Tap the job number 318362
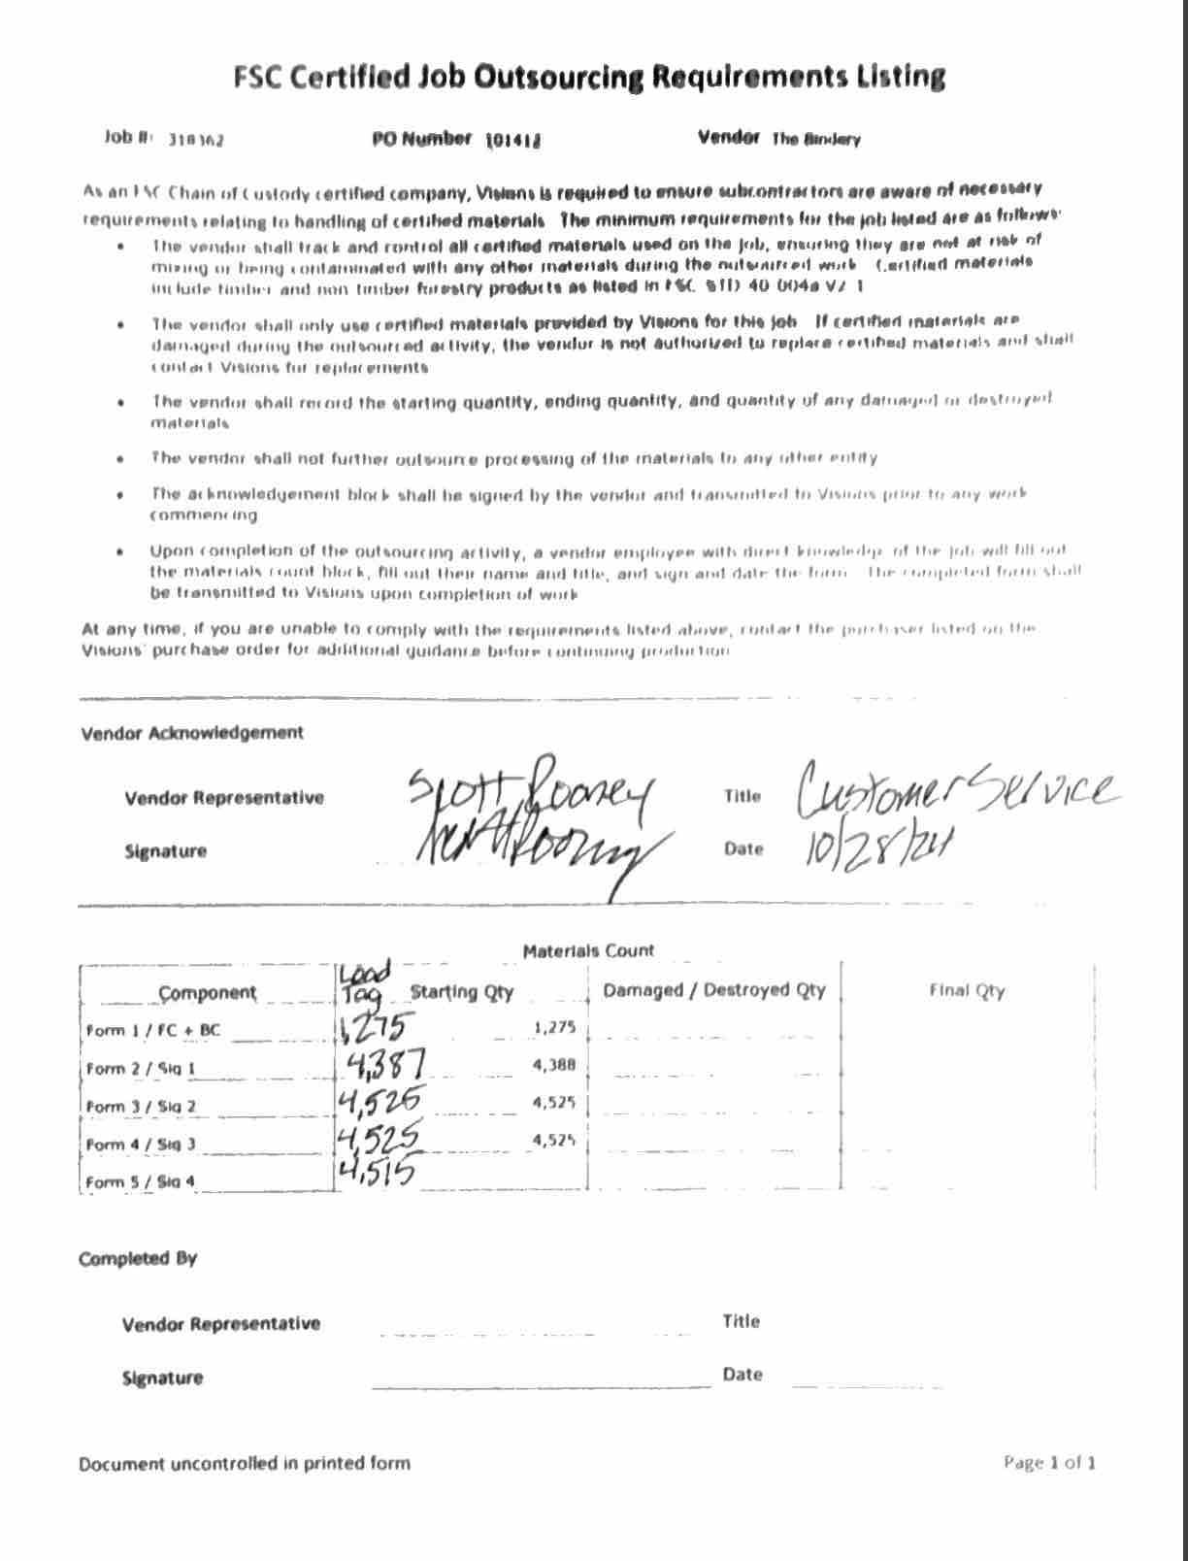pyautogui.click(x=196, y=140)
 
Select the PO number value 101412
pyautogui.click(x=512, y=140)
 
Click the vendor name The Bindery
pyautogui.click(x=815, y=139)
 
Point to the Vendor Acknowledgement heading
pyautogui.click(x=192, y=733)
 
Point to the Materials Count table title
pyautogui.click(x=588, y=951)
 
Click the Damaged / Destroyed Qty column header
pyautogui.click(x=714, y=990)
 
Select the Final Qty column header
pyautogui.click(x=967, y=991)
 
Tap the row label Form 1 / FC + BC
pyautogui.click(x=153, y=1030)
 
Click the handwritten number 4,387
pyautogui.click(x=384, y=1066)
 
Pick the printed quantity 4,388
pyautogui.click(x=554, y=1065)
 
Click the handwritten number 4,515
pyautogui.click(x=377, y=1173)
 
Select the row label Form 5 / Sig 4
pyautogui.click(x=141, y=1182)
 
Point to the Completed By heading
pyautogui.click(x=138, y=1259)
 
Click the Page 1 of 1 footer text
pyautogui.click(x=1049, y=1463)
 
